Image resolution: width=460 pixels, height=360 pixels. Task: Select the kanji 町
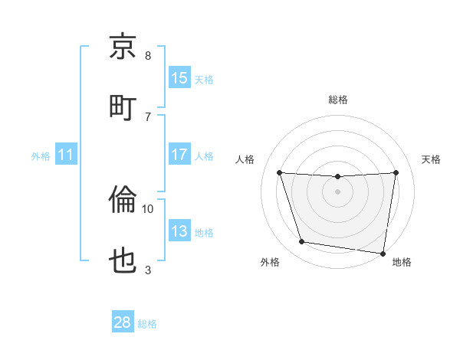(x=123, y=106)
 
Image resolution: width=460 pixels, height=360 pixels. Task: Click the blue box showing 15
(x=179, y=78)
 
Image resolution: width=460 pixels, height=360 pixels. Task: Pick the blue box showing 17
(x=179, y=155)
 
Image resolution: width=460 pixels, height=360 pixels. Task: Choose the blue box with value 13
(x=179, y=231)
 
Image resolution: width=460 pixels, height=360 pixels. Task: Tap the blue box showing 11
(x=65, y=155)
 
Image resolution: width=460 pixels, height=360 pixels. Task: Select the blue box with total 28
(x=123, y=322)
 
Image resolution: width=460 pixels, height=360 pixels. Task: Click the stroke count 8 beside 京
(x=148, y=56)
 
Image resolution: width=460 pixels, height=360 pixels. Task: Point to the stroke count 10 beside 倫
(x=148, y=208)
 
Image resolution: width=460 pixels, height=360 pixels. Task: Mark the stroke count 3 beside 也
(x=148, y=270)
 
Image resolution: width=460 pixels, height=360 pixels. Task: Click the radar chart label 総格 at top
(x=338, y=100)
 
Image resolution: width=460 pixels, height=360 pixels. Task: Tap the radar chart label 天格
(x=432, y=159)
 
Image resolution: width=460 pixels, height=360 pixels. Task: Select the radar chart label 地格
(x=402, y=263)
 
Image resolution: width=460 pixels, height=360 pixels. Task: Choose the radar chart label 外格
(x=270, y=263)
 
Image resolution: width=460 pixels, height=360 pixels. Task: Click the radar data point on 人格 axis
(x=279, y=172)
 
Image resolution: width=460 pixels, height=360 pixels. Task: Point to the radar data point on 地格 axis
(x=383, y=253)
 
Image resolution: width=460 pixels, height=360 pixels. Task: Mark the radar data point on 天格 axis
(x=396, y=172)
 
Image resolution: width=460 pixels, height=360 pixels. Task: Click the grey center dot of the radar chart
(x=338, y=191)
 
